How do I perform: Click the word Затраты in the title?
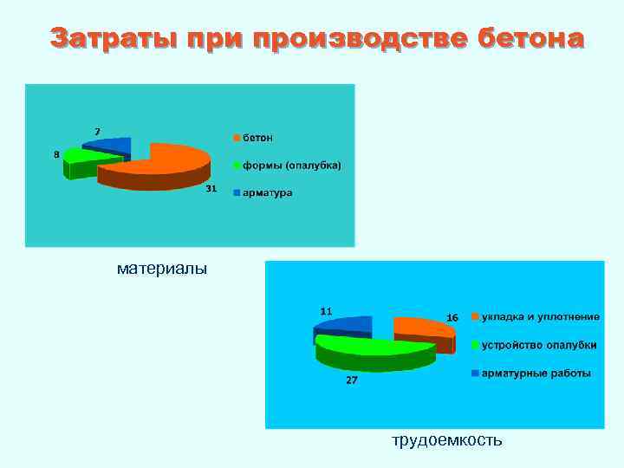coord(101,38)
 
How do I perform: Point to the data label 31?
coord(210,189)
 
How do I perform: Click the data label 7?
coord(97,131)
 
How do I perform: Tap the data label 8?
coord(56,154)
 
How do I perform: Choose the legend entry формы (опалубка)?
coord(291,165)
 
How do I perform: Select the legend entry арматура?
coord(267,192)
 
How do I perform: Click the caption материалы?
coord(162,269)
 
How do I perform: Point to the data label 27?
coord(352,380)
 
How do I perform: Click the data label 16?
coord(452,318)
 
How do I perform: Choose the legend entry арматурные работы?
coord(536,374)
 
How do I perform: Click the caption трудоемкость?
coord(446,440)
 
